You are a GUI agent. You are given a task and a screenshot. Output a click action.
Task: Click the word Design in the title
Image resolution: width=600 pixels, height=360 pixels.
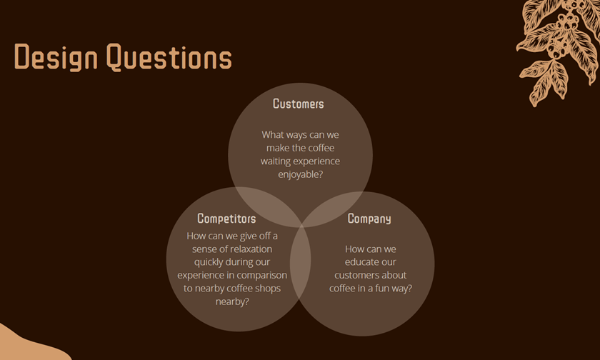point(56,57)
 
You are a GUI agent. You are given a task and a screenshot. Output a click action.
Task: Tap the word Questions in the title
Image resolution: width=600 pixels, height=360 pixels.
point(169,57)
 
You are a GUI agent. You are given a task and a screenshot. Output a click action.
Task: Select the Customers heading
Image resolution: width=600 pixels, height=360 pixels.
point(299,104)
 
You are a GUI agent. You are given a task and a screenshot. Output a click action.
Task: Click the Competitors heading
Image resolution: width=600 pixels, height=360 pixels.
point(226,219)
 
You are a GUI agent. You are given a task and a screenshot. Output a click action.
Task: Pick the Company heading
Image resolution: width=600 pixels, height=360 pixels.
point(369,219)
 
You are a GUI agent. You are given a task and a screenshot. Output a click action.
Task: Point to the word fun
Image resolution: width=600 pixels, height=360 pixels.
point(382,288)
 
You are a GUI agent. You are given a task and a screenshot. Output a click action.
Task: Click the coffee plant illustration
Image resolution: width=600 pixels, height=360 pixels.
point(558,51)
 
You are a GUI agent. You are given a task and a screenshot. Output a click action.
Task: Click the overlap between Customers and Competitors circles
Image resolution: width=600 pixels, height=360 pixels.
point(265,205)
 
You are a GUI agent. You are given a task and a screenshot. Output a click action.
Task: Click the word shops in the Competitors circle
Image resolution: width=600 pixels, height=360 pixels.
point(267,289)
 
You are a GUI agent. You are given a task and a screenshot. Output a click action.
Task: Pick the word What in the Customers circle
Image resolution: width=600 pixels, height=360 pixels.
point(273,135)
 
